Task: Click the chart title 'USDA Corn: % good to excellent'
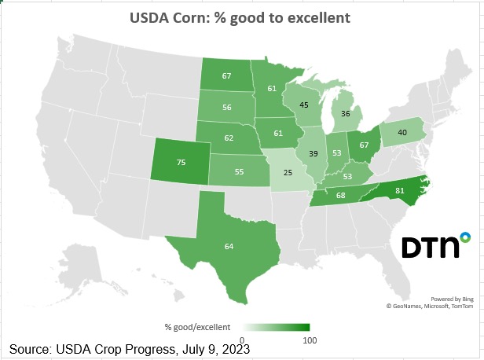click(241, 17)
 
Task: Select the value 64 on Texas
click(229, 246)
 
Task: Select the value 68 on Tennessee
click(340, 195)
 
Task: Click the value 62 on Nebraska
click(229, 138)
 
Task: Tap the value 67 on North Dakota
click(226, 75)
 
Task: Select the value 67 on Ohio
click(364, 145)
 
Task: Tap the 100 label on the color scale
click(309, 340)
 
